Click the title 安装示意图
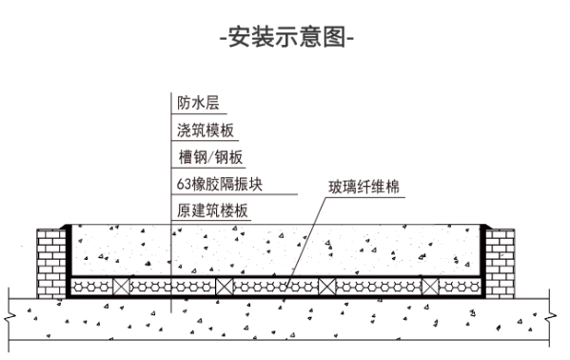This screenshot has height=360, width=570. (x=285, y=39)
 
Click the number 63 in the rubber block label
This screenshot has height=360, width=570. (x=184, y=184)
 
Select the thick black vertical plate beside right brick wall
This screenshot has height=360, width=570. (x=482, y=257)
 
